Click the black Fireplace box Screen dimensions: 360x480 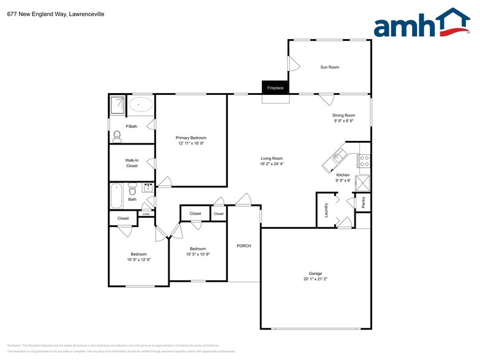(x=275, y=88)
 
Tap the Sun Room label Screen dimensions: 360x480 (x=329, y=67)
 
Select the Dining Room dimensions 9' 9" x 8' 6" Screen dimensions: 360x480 (x=344, y=121)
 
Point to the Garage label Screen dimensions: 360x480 (x=315, y=274)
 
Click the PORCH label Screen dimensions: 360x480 (x=244, y=246)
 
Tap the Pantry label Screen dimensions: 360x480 (x=363, y=203)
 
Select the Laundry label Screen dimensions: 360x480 (x=326, y=210)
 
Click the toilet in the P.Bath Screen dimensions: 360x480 (x=118, y=135)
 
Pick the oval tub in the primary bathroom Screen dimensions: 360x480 (x=141, y=104)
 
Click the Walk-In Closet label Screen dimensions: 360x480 (x=132, y=163)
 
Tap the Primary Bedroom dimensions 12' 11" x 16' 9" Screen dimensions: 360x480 (x=191, y=144)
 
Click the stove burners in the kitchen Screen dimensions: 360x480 (x=364, y=161)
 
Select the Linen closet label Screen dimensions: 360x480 (x=146, y=214)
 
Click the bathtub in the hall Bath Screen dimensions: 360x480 (x=116, y=197)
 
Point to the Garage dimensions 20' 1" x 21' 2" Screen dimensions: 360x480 (x=315, y=280)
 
